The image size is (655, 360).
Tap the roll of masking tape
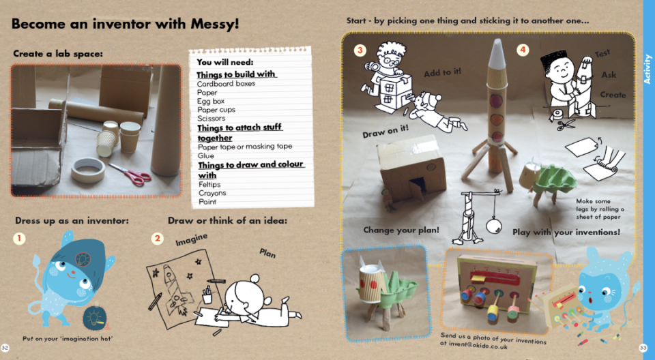click(x=88, y=170)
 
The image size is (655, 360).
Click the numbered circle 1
click(x=19, y=239)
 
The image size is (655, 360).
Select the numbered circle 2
click(x=157, y=239)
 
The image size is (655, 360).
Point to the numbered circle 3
click(x=360, y=50)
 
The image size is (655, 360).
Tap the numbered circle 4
click(x=523, y=50)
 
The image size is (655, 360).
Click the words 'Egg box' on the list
click(x=211, y=101)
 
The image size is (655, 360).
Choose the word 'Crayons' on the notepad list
click(x=212, y=193)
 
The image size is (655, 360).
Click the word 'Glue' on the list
click(x=206, y=155)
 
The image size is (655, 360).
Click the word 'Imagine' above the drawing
click(x=191, y=240)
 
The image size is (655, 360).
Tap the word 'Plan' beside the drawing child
click(x=267, y=253)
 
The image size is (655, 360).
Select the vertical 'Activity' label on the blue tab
click(x=647, y=70)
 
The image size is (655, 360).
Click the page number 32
click(x=5, y=348)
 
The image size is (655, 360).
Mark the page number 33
click(x=643, y=348)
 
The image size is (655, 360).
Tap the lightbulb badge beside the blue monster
click(x=95, y=318)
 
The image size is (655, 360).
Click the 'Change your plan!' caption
click(x=401, y=230)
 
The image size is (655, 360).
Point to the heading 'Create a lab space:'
click(x=57, y=53)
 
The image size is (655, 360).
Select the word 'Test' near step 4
click(x=602, y=53)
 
